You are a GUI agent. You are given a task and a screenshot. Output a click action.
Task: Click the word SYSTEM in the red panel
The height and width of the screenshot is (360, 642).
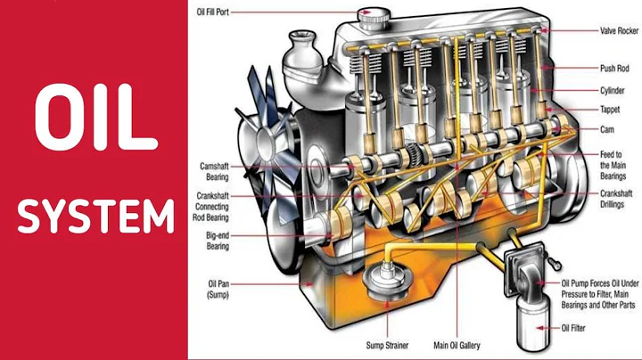coord(95,217)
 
